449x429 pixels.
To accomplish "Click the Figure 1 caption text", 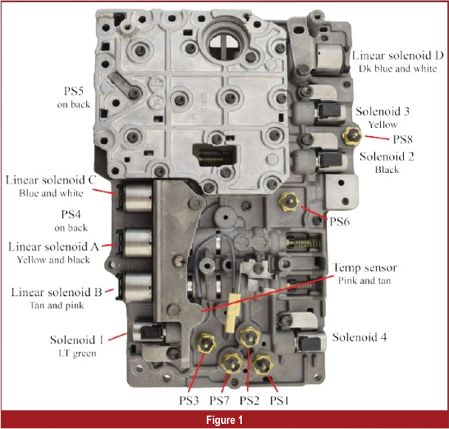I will [224, 419].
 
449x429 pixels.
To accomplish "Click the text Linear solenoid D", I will [398, 56].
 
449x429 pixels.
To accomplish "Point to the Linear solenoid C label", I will [56, 180].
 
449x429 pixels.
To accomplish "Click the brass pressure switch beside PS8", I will [352, 134].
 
